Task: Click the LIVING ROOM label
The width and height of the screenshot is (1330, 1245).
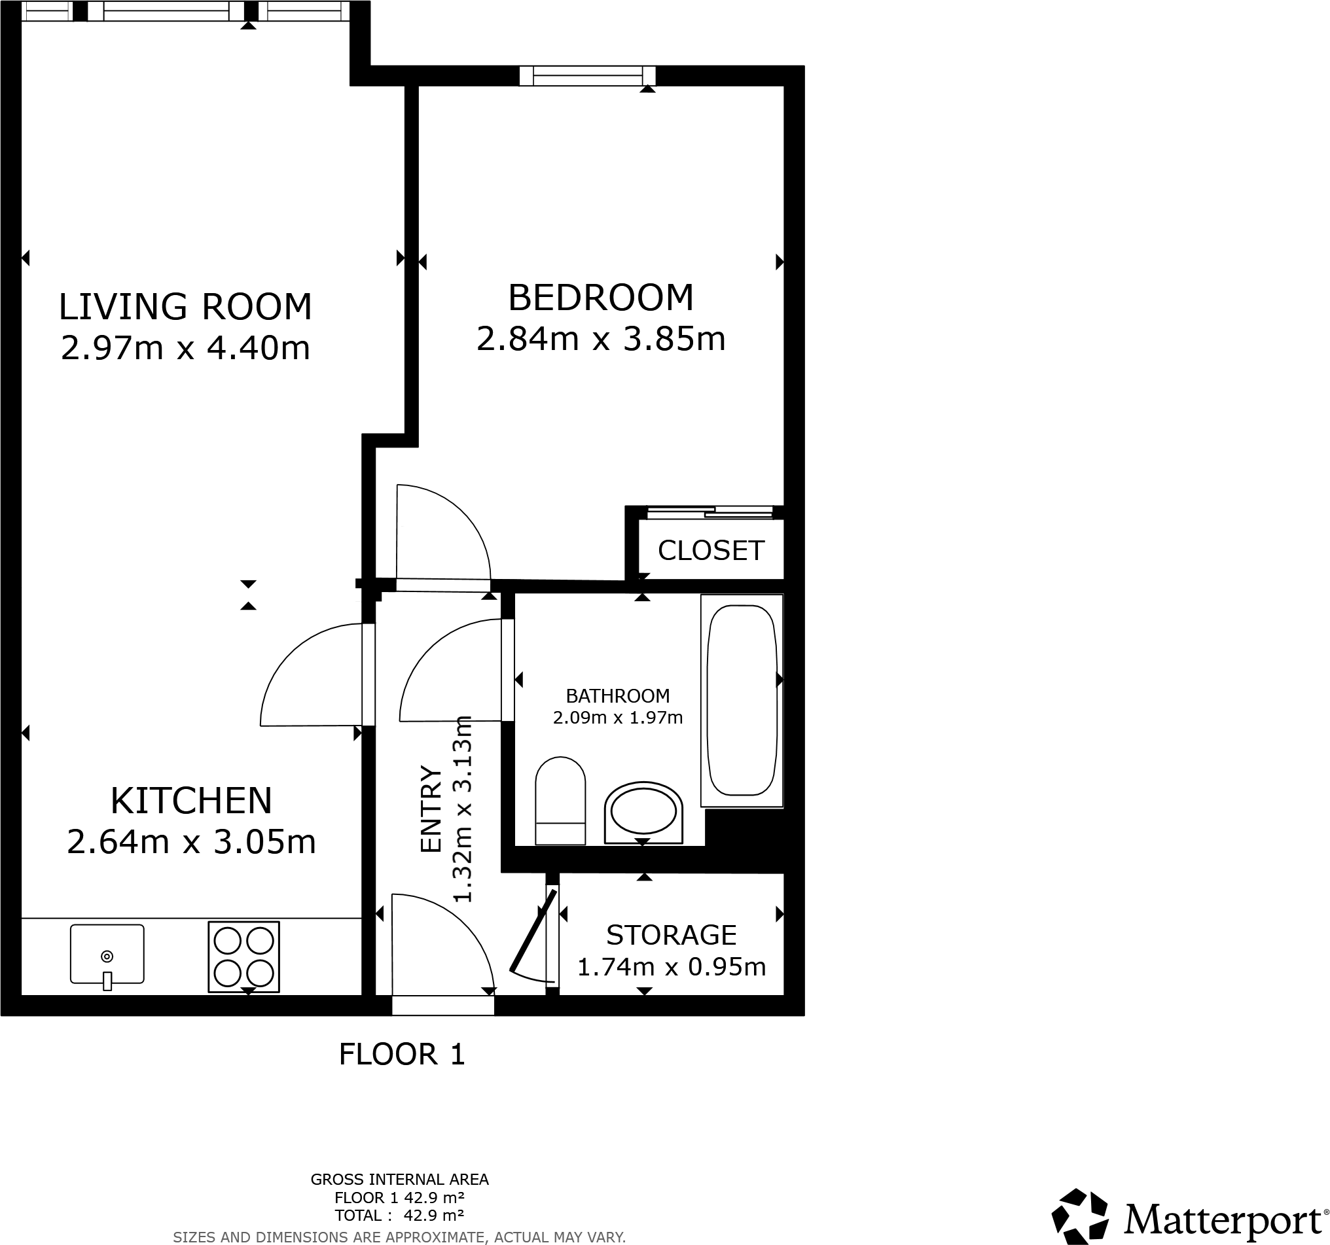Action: [185, 307]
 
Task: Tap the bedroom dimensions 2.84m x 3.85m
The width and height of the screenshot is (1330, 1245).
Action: [600, 339]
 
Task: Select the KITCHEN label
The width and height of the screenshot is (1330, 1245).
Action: [190, 800]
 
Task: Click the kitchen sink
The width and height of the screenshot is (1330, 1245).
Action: [107, 954]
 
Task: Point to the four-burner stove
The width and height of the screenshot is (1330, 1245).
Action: [243, 957]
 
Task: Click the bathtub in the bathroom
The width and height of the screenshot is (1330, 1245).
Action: [742, 700]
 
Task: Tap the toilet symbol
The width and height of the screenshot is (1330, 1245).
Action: [560, 801]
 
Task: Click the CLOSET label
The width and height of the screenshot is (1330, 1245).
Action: [711, 551]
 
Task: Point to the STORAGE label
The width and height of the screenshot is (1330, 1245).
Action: [671, 935]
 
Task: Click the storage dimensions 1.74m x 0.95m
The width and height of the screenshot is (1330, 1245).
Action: [671, 967]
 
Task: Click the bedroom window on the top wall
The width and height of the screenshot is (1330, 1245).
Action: [587, 75]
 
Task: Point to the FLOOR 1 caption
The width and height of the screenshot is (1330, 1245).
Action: [401, 1055]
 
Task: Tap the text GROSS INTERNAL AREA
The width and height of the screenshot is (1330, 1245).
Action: [399, 1180]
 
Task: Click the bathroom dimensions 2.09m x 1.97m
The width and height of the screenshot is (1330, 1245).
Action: [617, 718]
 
